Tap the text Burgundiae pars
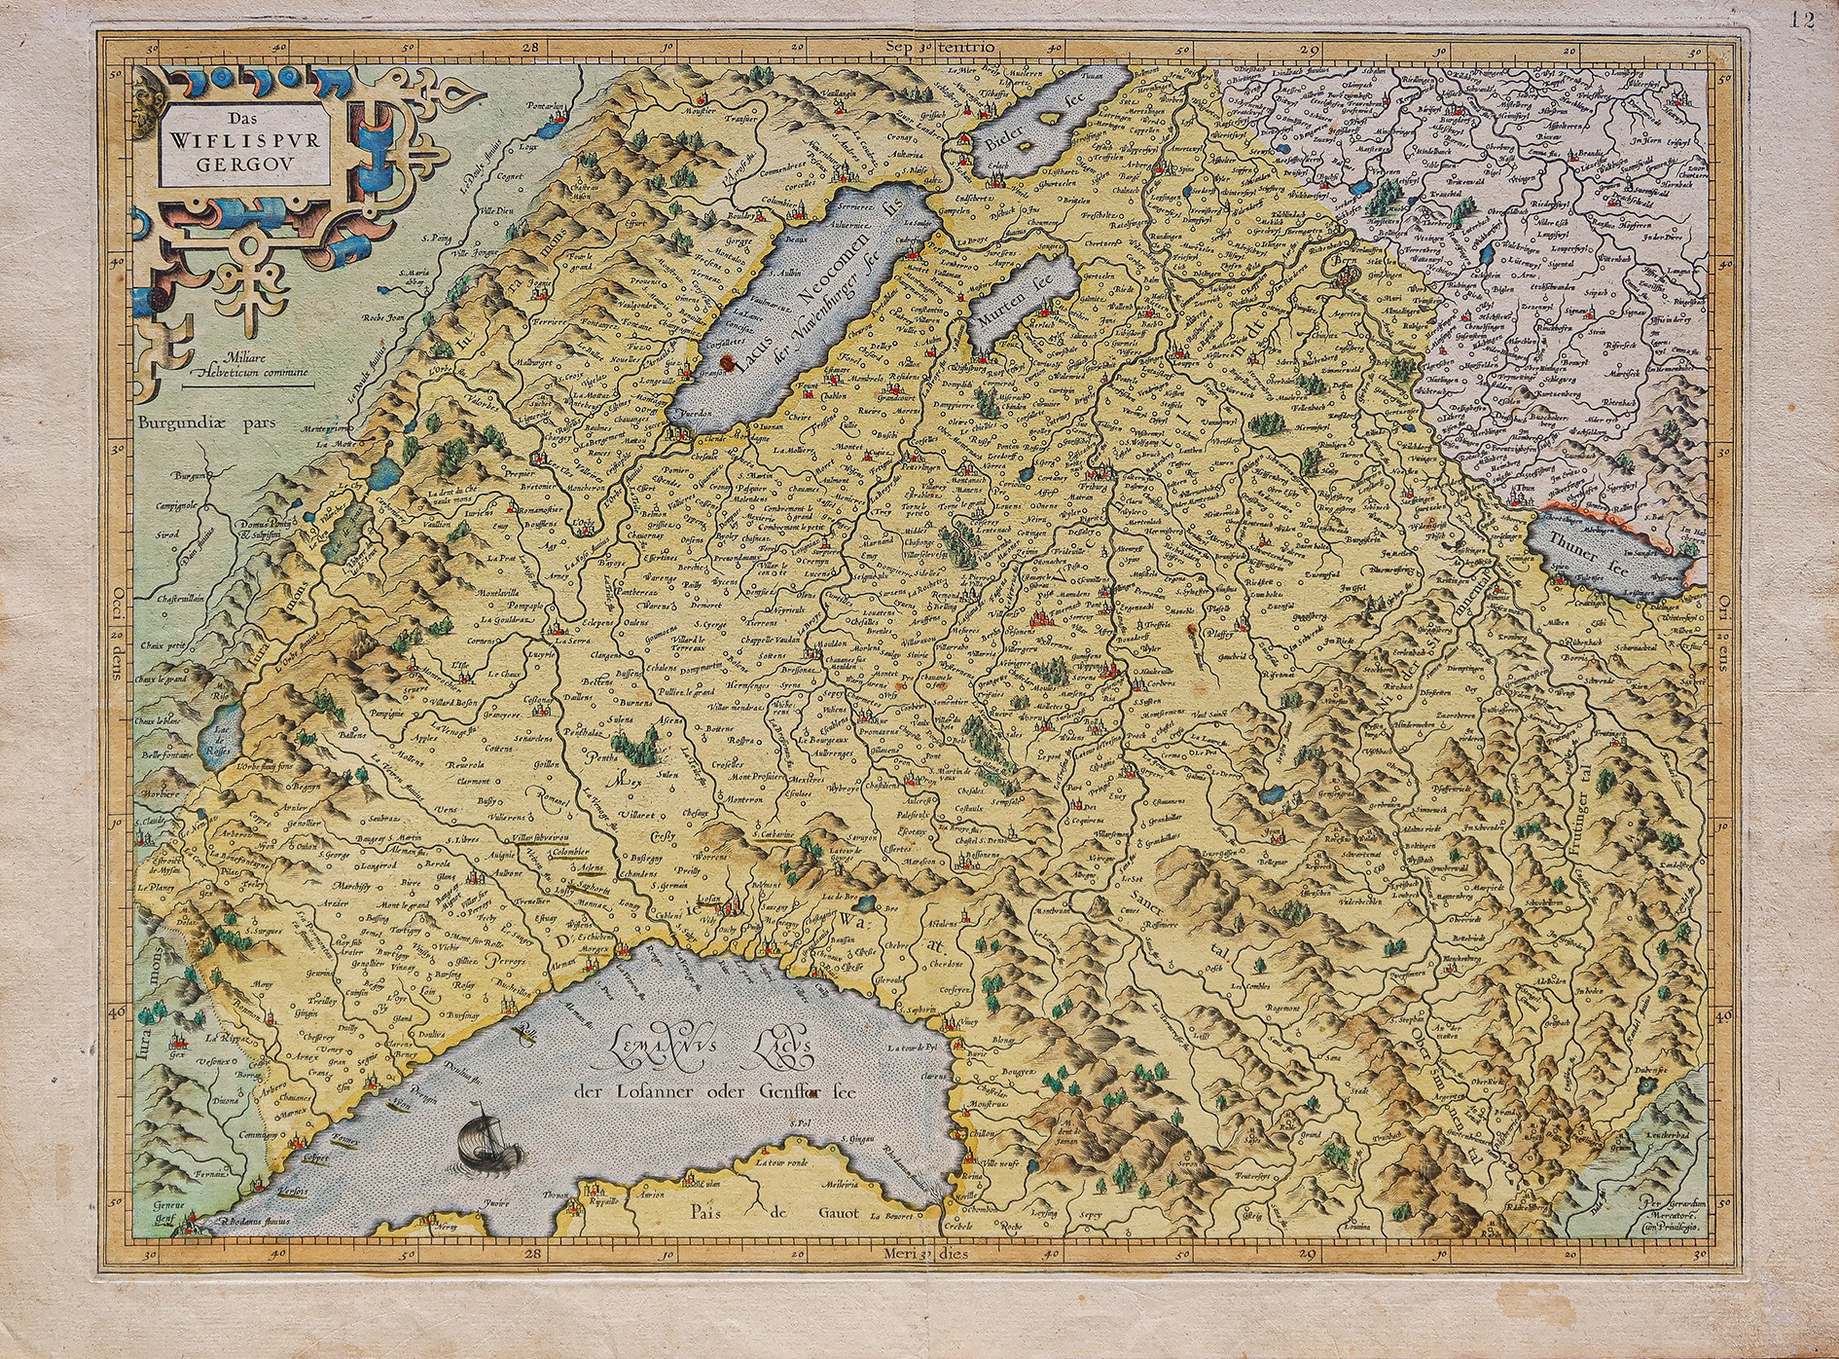point(206,423)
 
